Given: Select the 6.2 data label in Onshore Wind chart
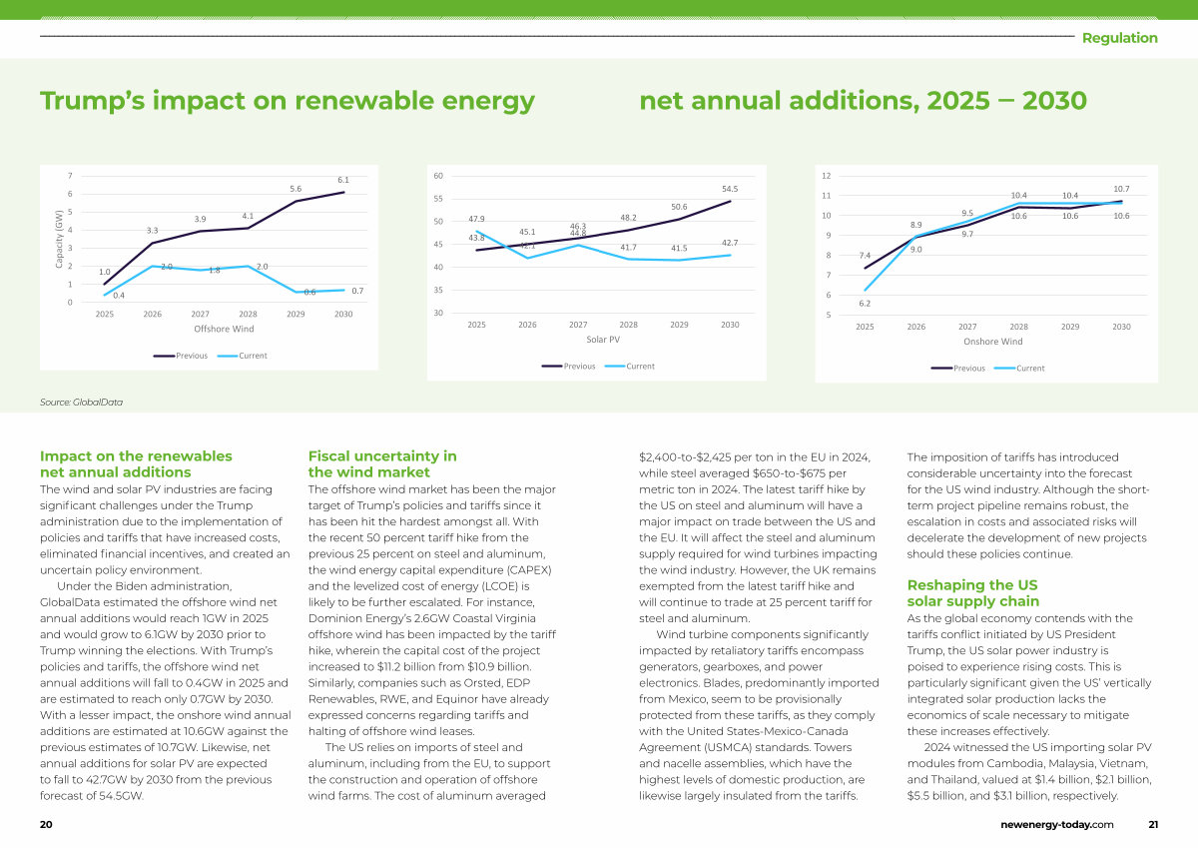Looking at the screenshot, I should (x=865, y=303).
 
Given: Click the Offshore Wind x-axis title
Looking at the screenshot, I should (x=225, y=329).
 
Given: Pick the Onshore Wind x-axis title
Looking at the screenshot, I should (x=992, y=342).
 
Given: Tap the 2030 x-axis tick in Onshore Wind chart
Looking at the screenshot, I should (x=1121, y=327).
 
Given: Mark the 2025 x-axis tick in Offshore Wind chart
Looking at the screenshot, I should (x=104, y=314).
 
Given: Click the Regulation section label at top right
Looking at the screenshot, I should (x=1120, y=38).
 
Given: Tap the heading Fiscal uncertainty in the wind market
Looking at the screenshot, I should (x=382, y=463).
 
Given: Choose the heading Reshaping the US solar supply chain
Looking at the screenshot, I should (x=972, y=592).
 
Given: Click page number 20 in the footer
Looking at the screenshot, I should (x=46, y=825).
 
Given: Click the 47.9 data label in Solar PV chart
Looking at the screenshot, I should (x=476, y=219).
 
